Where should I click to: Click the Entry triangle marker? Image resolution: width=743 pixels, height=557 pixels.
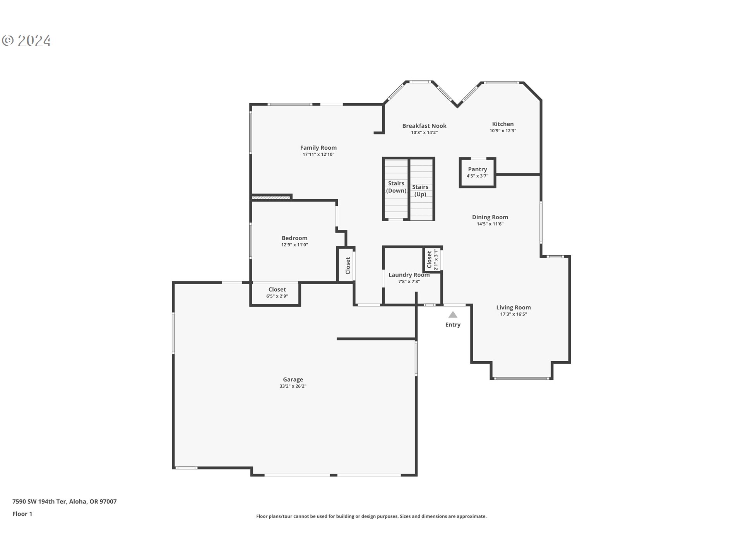pos(453,315)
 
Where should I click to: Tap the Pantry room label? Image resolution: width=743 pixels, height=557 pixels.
pos(477,169)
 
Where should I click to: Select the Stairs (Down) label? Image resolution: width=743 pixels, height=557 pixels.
pos(396,187)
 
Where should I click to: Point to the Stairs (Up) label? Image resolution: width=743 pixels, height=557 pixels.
pos(420,190)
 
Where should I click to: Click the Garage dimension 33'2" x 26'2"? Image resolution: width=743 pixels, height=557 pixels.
pos(293,386)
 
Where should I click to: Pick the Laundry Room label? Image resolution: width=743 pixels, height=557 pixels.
pos(409,275)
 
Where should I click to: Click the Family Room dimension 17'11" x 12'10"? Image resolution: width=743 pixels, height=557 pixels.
pos(318,155)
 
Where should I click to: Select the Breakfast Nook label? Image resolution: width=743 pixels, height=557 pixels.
pos(424,126)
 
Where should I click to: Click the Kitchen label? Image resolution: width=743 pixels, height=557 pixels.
pos(503,124)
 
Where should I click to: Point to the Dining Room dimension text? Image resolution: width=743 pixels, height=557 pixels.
pos(490,224)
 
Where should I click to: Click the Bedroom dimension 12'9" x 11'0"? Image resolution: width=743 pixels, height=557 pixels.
pos(294,245)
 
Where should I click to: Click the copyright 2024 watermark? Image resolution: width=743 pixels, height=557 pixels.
pos(26,41)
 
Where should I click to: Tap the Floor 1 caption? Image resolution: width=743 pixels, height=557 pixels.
pos(22,514)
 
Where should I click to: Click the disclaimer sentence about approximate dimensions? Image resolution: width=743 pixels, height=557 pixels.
pos(371,516)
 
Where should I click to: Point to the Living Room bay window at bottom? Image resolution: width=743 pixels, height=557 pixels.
pos(521,378)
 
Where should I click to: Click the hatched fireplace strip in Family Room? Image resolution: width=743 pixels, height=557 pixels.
pos(271,198)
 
